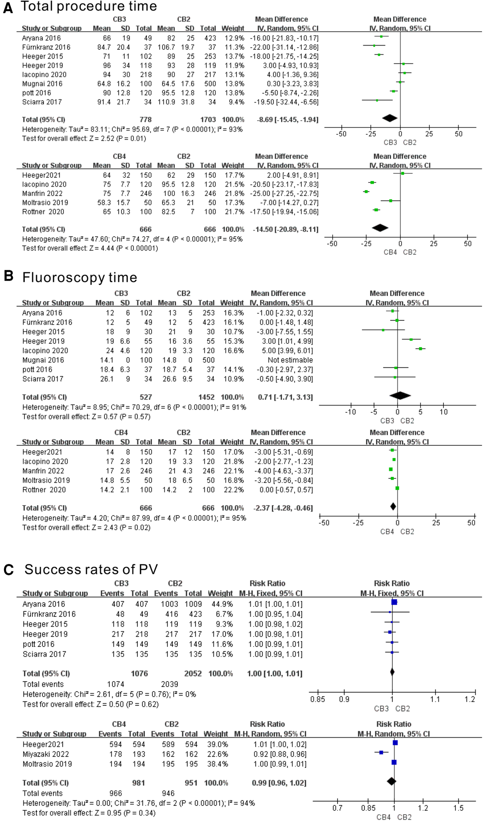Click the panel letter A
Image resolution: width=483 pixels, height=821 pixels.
click(8, 8)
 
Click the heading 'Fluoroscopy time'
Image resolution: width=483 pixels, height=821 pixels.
click(80, 277)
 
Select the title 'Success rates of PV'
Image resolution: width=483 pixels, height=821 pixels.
click(91, 569)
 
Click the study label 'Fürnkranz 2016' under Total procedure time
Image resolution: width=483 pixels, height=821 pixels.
click(46, 47)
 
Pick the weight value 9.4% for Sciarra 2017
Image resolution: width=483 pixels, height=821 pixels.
click(236, 102)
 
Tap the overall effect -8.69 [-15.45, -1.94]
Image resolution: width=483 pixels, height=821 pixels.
click(287, 120)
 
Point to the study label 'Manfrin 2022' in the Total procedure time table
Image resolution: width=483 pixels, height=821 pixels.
click(42, 193)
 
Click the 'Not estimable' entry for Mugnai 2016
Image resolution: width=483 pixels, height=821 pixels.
click(290, 360)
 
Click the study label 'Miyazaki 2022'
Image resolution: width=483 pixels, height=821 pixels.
click(46, 754)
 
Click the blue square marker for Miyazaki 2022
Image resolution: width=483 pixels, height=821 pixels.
click(381, 752)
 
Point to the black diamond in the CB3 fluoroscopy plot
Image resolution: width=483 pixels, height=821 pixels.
click(400, 396)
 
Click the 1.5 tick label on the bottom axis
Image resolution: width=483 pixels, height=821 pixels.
click(458, 808)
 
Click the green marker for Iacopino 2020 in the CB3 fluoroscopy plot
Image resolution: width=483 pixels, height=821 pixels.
click(420, 348)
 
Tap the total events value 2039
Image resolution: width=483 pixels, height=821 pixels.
click(170, 684)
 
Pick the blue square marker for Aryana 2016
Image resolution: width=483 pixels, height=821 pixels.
click(394, 602)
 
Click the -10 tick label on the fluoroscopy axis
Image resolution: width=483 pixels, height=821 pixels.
click(350, 412)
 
